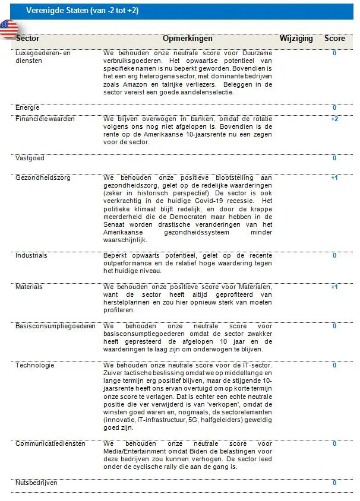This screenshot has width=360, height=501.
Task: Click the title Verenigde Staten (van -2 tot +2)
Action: click(x=82, y=11)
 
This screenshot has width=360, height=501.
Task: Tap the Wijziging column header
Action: click(x=296, y=38)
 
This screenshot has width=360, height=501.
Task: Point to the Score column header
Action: click(x=334, y=38)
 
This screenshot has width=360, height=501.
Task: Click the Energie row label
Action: click(x=27, y=107)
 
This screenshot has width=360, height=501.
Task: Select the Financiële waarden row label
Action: click(x=45, y=119)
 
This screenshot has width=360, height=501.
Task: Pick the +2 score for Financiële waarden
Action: click(x=334, y=119)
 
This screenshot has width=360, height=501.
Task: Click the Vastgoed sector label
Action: click(x=30, y=158)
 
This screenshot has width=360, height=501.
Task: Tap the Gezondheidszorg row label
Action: click(x=41, y=177)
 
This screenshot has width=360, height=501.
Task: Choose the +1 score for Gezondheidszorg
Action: click(x=334, y=177)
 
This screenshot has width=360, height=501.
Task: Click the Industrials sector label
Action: click(x=31, y=255)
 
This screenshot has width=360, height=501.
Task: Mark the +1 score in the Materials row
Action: click(x=334, y=287)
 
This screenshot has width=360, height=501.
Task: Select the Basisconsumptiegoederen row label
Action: click(x=55, y=326)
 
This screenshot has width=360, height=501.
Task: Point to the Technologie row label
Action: click(x=35, y=365)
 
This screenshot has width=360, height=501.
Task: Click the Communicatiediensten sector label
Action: click(x=50, y=443)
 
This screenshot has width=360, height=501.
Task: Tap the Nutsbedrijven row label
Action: click(x=37, y=483)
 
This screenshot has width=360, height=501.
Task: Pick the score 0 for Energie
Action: click(x=334, y=107)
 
